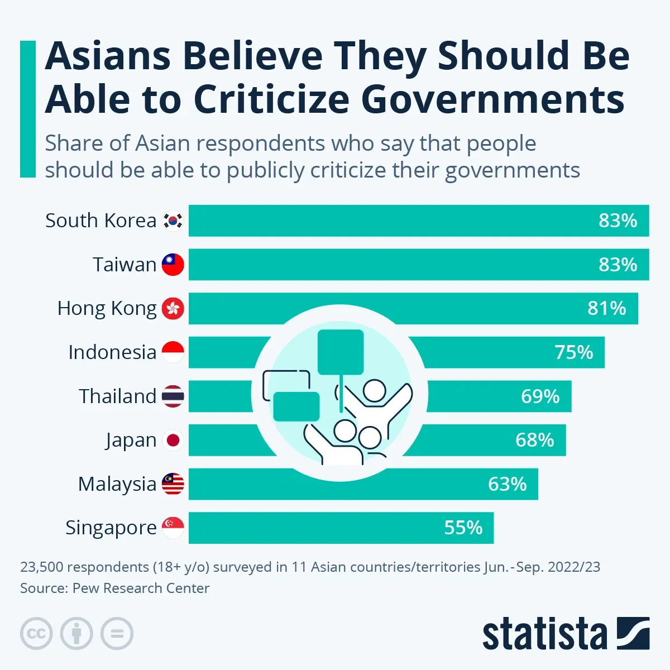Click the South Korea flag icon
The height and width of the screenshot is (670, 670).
(173, 221)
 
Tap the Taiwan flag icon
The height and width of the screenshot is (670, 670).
(173, 265)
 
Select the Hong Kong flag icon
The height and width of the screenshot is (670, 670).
(173, 308)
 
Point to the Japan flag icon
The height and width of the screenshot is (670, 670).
(173, 441)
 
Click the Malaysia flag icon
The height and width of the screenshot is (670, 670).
(173, 484)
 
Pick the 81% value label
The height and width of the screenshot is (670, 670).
(606, 308)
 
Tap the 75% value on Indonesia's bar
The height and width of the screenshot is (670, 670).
(573, 352)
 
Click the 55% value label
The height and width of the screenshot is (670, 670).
(463, 528)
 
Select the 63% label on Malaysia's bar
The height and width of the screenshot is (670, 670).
(507, 484)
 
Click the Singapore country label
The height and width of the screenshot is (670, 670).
(111, 528)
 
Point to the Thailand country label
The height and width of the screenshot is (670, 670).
(117, 396)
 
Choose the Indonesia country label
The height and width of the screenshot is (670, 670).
(112, 352)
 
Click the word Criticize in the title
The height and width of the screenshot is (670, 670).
(272, 99)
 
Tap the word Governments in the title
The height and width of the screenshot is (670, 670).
(492, 99)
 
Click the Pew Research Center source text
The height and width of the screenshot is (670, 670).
(141, 588)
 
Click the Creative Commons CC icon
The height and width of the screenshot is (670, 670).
(36, 634)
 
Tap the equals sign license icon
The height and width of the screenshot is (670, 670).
(117, 634)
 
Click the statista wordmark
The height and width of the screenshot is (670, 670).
(544, 635)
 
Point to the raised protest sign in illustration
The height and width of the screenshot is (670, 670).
(341, 352)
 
